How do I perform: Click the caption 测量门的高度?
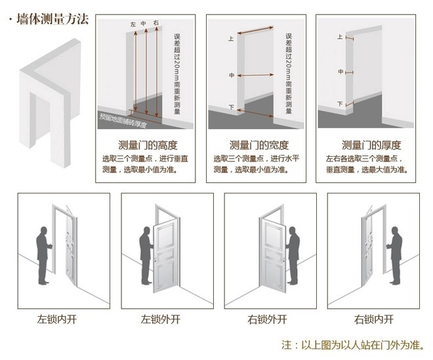[148, 145]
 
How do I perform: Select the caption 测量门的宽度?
[258, 145]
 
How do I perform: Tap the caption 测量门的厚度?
[371, 145]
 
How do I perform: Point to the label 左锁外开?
[160, 320]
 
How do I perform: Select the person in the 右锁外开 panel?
[293, 256]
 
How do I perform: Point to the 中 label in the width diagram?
[231, 76]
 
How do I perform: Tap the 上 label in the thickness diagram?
[340, 37]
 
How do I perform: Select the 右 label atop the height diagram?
[155, 24]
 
